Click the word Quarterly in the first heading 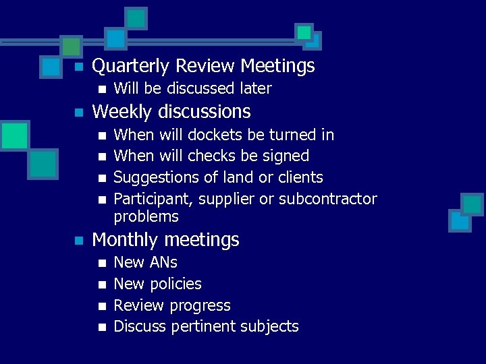click(130, 66)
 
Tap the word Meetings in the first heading click(277, 66)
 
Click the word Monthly click(126, 240)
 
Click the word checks click(212, 156)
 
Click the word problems click(146, 216)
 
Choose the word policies click(178, 284)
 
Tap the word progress click(200, 305)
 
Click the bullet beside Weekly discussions click(79, 112)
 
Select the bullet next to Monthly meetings click(79, 241)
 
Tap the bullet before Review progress click(101, 306)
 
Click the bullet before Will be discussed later click(101, 89)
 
